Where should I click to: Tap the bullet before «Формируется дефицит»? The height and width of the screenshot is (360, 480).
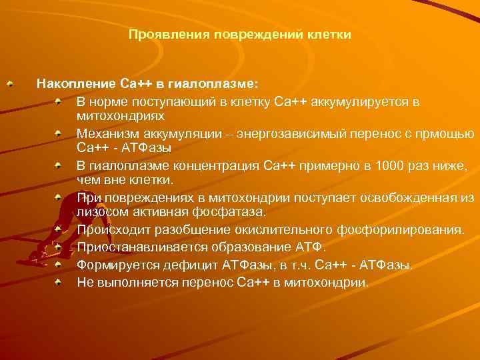[x=59, y=265]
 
